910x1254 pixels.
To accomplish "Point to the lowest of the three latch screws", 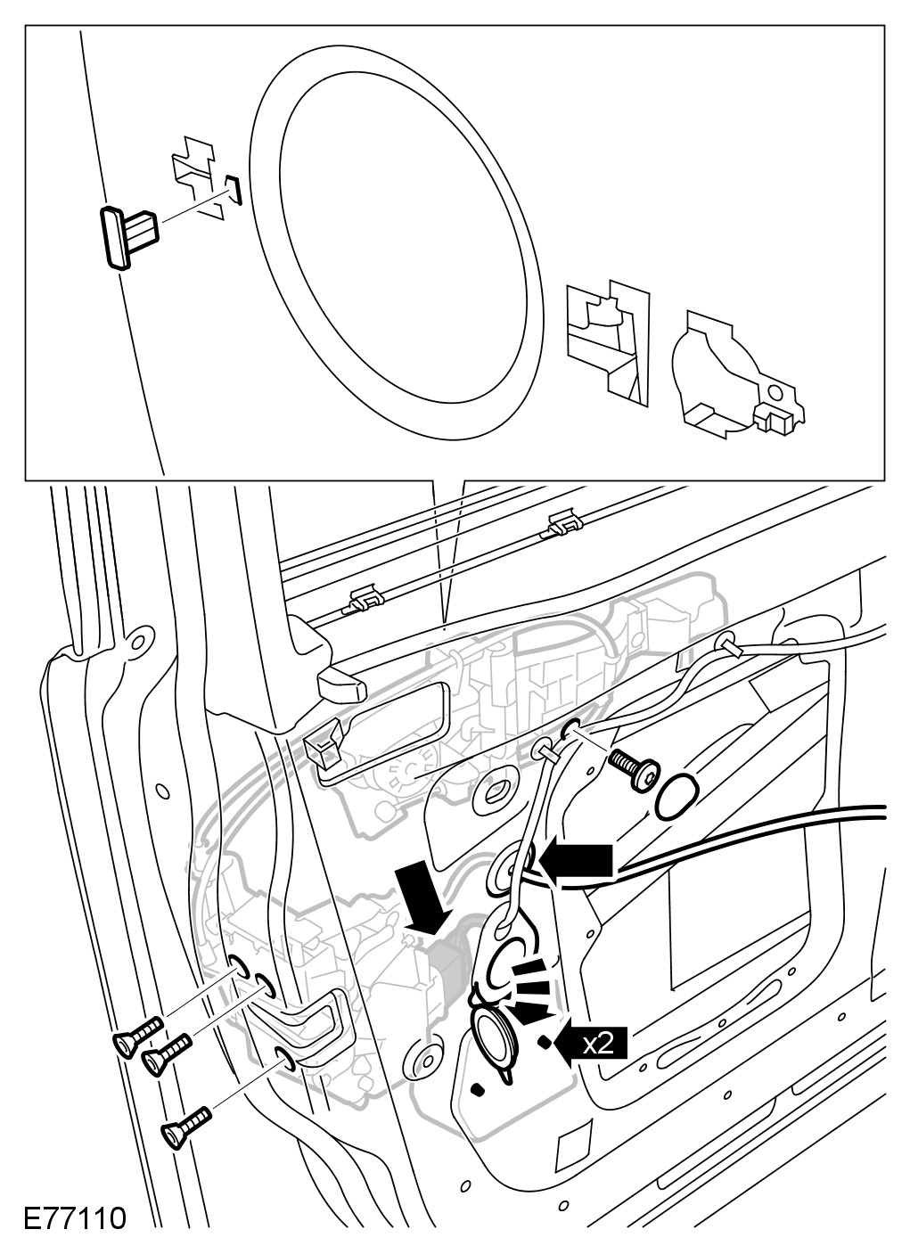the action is [184, 1124].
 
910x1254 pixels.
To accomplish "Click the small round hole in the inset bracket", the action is [776, 390].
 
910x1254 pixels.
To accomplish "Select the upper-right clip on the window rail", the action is [561, 524].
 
